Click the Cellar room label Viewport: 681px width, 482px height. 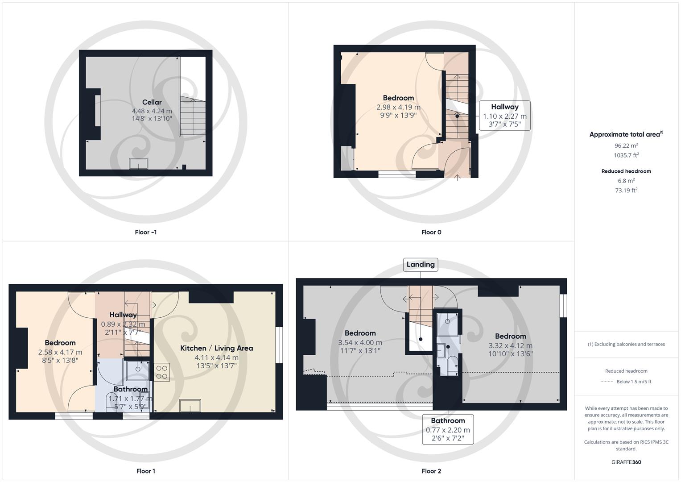[x=152, y=102]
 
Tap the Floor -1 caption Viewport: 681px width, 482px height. [x=145, y=232]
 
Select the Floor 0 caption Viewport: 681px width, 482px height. [x=431, y=232]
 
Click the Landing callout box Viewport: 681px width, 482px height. [x=420, y=265]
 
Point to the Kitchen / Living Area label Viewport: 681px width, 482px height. [x=216, y=348]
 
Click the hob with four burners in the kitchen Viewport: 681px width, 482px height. [x=162, y=372]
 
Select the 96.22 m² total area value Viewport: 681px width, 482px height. [x=626, y=145]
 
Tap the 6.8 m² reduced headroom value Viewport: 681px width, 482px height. [x=626, y=181]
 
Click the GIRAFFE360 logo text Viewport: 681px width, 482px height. [x=626, y=462]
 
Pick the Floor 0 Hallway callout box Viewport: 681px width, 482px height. [x=504, y=116]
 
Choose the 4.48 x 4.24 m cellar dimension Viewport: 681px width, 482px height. [x=152, y=111]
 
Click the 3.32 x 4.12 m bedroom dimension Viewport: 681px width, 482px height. [x=510, y=345]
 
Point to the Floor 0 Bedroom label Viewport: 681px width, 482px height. [x=398, y=98]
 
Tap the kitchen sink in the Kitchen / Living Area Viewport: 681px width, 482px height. [x=190, y=406]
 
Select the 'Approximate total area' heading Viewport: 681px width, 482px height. [x=626, y=134]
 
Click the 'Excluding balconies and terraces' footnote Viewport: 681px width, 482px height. [x=626, y=344]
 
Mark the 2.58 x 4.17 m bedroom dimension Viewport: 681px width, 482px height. [x=60, y=352]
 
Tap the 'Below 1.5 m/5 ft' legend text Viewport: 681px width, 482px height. [x=634, y=382]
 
